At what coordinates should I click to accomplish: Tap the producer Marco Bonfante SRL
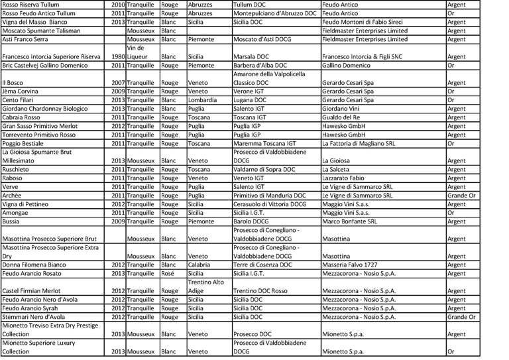[x=349, y=221]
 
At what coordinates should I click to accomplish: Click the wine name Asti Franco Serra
[x=27, y=38]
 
